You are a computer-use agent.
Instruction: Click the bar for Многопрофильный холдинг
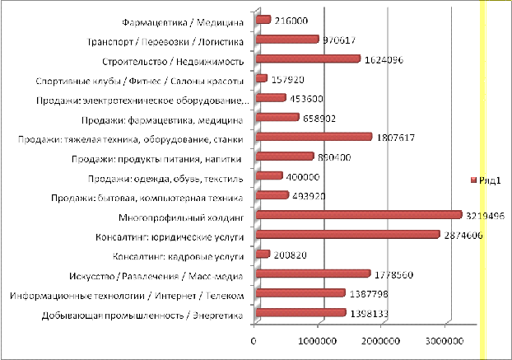tap(358, 216)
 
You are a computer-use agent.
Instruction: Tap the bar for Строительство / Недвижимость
tap(308, 58)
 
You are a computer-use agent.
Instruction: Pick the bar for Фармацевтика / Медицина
tap(263, 20)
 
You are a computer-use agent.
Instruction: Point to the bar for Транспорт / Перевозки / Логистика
tap(287, 39)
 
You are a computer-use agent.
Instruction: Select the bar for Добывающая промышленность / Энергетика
tap(300, 312)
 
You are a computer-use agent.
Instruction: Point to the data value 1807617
tap(399, 137)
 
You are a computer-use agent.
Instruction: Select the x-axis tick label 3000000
tap(448, 339)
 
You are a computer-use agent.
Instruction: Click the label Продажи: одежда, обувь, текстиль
tap(165, 177)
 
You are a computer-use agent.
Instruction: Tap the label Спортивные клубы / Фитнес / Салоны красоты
tap(140, 81)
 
